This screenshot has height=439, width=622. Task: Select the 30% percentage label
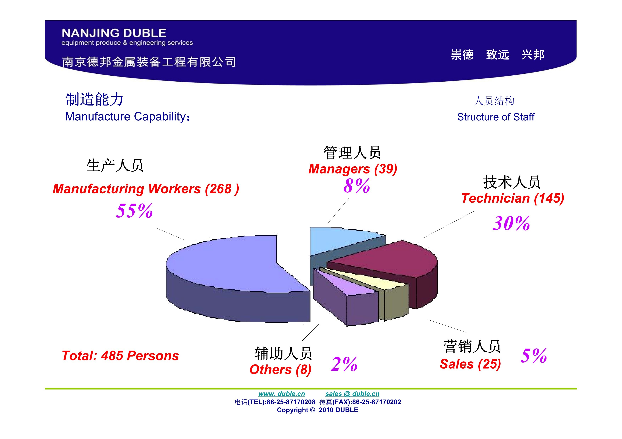(511, 223)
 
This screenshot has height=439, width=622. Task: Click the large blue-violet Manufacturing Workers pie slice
(233, 273)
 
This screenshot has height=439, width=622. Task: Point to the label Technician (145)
(513, 198)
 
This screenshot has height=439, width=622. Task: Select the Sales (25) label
(470, 364)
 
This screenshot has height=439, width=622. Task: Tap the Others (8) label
(280, 369)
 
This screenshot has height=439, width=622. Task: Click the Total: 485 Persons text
(120, 356)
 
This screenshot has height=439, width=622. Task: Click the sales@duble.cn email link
(352, 394)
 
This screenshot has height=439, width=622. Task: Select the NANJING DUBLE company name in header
(114, 33)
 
